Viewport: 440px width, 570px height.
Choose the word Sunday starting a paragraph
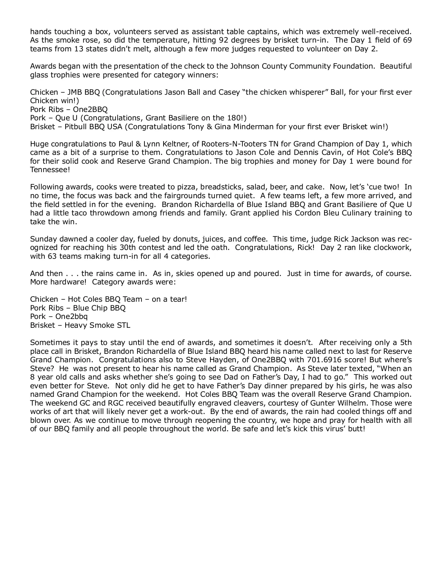point(43,239)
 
